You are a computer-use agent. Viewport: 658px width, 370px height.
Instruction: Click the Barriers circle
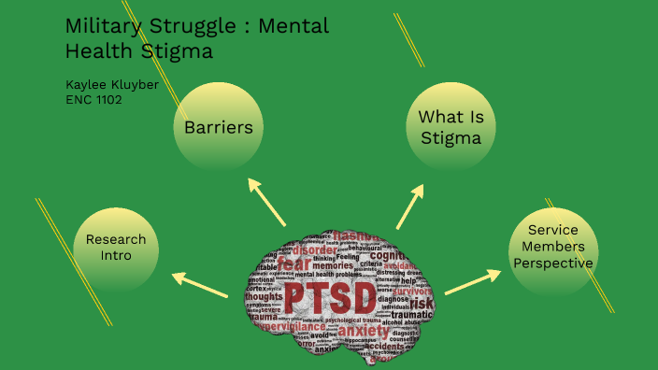point(219,127)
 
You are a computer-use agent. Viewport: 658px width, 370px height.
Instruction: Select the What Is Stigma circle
point(450,127)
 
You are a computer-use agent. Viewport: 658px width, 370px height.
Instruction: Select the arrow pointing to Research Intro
point(201,284)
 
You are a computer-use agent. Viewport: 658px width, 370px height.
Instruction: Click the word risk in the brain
point(422,305)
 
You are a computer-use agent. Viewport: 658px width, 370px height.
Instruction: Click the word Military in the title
point(99,26)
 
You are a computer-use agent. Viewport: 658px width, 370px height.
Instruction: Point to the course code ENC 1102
point(93,99)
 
